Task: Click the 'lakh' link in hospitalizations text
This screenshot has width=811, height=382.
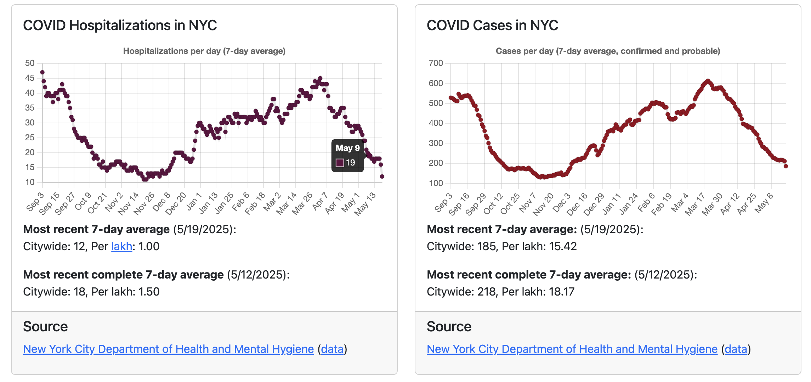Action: [x=121, y=246]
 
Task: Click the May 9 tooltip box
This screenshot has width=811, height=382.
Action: [x=347, y=156]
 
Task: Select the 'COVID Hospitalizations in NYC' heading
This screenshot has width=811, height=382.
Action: [x=120, y=26]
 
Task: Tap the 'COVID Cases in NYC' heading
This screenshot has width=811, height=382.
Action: [x=492, y=26]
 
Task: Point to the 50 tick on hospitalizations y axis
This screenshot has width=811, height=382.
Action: [x=30, y=63]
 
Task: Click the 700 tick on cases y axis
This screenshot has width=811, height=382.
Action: [x=436, y=63]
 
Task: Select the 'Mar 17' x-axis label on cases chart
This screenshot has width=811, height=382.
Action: [x=695, y=204]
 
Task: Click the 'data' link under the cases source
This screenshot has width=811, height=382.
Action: [x=736, y=349]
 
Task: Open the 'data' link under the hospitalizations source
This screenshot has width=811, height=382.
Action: [x=332, y=349]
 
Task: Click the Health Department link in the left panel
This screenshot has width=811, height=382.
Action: [x=168, y=349]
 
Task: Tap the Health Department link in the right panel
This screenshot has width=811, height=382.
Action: [x=572, y=349]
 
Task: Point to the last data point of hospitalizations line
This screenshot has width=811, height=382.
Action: [x=382, y=176]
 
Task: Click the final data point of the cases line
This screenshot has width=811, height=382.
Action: [x=786, y=166]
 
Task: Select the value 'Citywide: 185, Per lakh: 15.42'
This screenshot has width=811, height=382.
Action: [x=501, y=246]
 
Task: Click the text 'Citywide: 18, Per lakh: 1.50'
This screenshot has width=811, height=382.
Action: [x=91, y=292]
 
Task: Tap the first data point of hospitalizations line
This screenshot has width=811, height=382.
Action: [x=42, y=72]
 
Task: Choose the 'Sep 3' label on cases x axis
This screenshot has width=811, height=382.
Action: [x=443, y=202]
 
